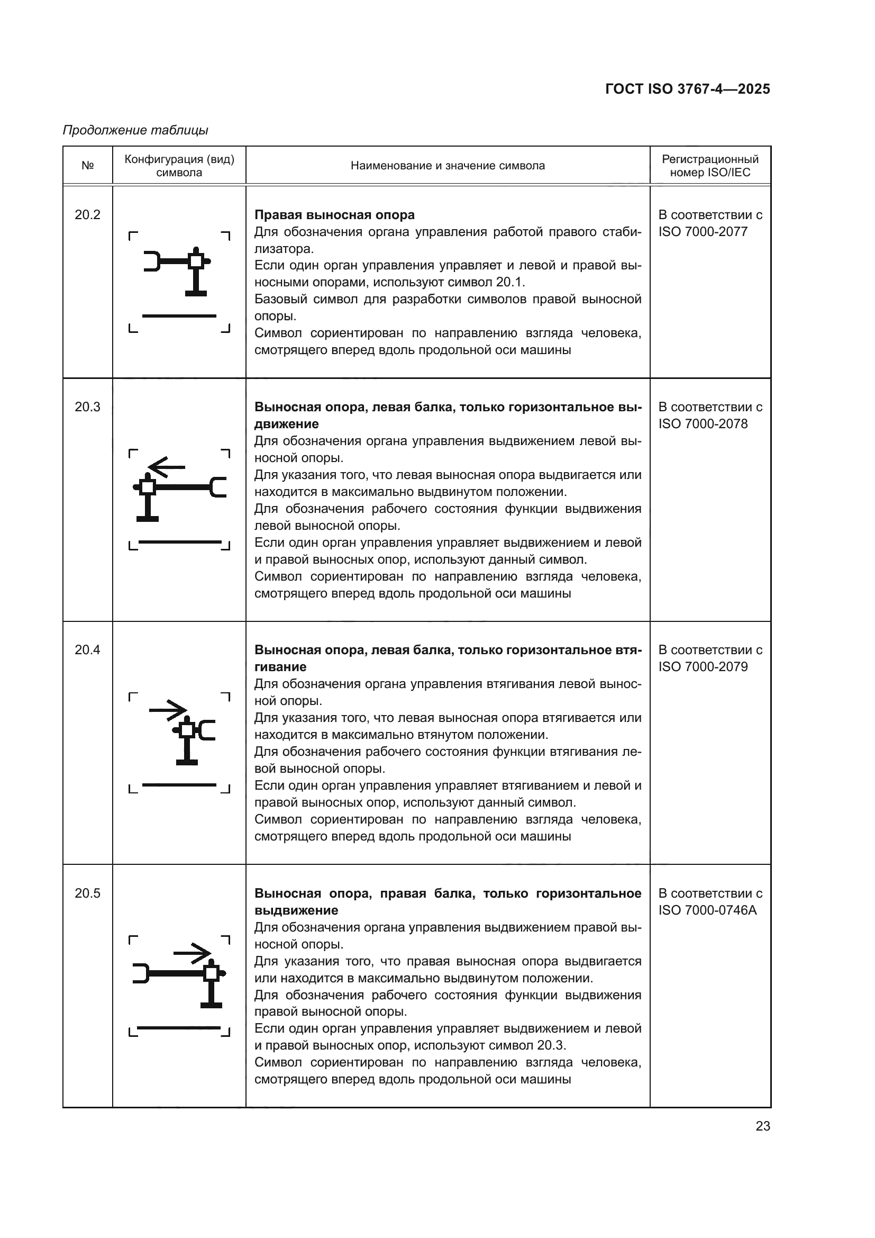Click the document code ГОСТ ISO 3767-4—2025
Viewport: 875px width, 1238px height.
(687, 89)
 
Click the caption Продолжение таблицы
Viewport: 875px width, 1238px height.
(135, 130)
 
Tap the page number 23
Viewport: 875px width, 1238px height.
(762, 1126)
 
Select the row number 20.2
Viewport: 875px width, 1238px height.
(87, 214)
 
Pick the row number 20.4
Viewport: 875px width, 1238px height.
(87, 650)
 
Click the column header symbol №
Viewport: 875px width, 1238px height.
(87, 166)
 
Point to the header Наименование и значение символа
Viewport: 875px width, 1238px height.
(447, 166)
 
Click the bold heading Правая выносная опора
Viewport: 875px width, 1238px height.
(334, 214)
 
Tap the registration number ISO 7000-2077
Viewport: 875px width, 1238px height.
(703, 232)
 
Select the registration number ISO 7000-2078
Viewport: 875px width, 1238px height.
(703, 424)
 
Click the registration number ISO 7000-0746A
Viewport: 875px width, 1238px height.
(707, 910)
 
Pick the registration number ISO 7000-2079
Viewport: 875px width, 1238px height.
(703, 667)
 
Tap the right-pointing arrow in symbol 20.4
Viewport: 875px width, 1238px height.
(168, 710)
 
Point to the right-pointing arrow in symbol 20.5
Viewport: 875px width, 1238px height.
(193, 953)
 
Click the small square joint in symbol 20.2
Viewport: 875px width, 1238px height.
(196, 261)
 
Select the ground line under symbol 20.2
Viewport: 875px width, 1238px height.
(179, 316)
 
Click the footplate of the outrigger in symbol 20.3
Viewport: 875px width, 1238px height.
(147, 519)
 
